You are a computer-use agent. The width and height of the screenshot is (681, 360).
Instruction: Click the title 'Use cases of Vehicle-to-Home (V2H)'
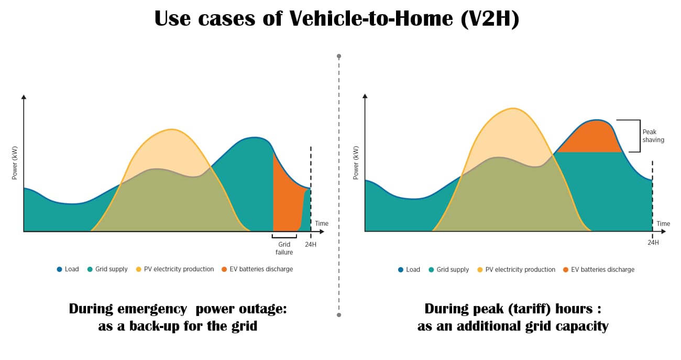(x=336, y=19)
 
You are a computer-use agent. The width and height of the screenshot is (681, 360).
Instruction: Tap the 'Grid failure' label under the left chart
(x=284, y=248)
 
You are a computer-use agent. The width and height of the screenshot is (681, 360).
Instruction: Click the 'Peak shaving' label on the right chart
(x=653, y=136)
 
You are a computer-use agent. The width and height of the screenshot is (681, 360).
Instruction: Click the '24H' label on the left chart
(x=311, y=244)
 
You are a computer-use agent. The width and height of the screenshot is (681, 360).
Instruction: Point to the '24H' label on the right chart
(x=653, y=243)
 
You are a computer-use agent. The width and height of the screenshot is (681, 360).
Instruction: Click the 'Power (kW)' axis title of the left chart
(x=15, y=163)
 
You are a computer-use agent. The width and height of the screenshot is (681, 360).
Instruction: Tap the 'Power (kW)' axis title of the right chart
(x=356, y=163)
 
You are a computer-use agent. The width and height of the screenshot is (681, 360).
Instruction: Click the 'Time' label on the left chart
(x=322, y=224)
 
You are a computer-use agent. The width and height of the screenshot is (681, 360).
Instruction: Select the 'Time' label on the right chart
(x=663, y=224)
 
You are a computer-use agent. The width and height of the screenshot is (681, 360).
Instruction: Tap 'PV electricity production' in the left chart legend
(x=179, y=269)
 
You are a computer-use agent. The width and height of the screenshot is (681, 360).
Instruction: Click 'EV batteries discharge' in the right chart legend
(x=602, y=269)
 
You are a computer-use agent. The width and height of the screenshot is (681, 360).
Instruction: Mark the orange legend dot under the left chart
(x=224, y=269)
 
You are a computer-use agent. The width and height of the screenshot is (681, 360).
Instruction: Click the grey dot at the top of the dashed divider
(x=339, y=56)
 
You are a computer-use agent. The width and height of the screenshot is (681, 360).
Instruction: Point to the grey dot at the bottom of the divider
(x=339, y=315)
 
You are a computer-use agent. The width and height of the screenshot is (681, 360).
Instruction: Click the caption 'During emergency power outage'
(x=178, y=309)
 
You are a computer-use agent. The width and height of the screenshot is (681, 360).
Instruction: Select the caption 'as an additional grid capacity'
(x=513, y=326)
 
